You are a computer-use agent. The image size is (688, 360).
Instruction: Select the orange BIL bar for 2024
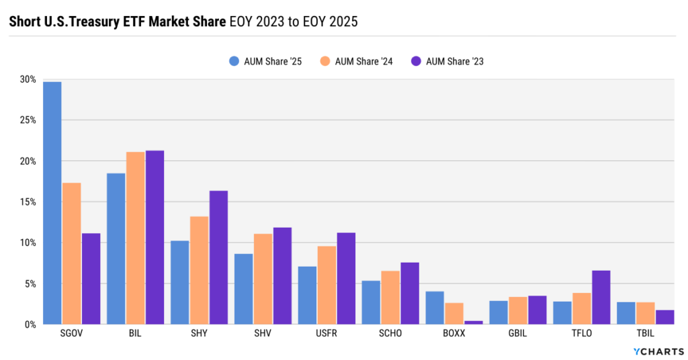point(135,238)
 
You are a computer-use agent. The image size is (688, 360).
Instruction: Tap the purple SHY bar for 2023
point(218,258)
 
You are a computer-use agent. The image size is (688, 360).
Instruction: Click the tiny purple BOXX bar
point(474,322)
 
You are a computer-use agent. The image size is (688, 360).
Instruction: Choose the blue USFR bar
point(307,296)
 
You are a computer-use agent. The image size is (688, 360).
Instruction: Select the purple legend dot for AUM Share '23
point(416,61)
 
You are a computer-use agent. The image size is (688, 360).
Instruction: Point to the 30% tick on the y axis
point(28,79)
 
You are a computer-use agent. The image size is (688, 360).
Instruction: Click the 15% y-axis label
point(28,201)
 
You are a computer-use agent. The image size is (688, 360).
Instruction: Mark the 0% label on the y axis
point(30,324)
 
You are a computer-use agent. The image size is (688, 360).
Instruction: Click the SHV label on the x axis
point(263,334)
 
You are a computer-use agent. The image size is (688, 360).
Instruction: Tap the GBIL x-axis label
point(517,334)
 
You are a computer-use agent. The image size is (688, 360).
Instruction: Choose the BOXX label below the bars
point(454,334)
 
